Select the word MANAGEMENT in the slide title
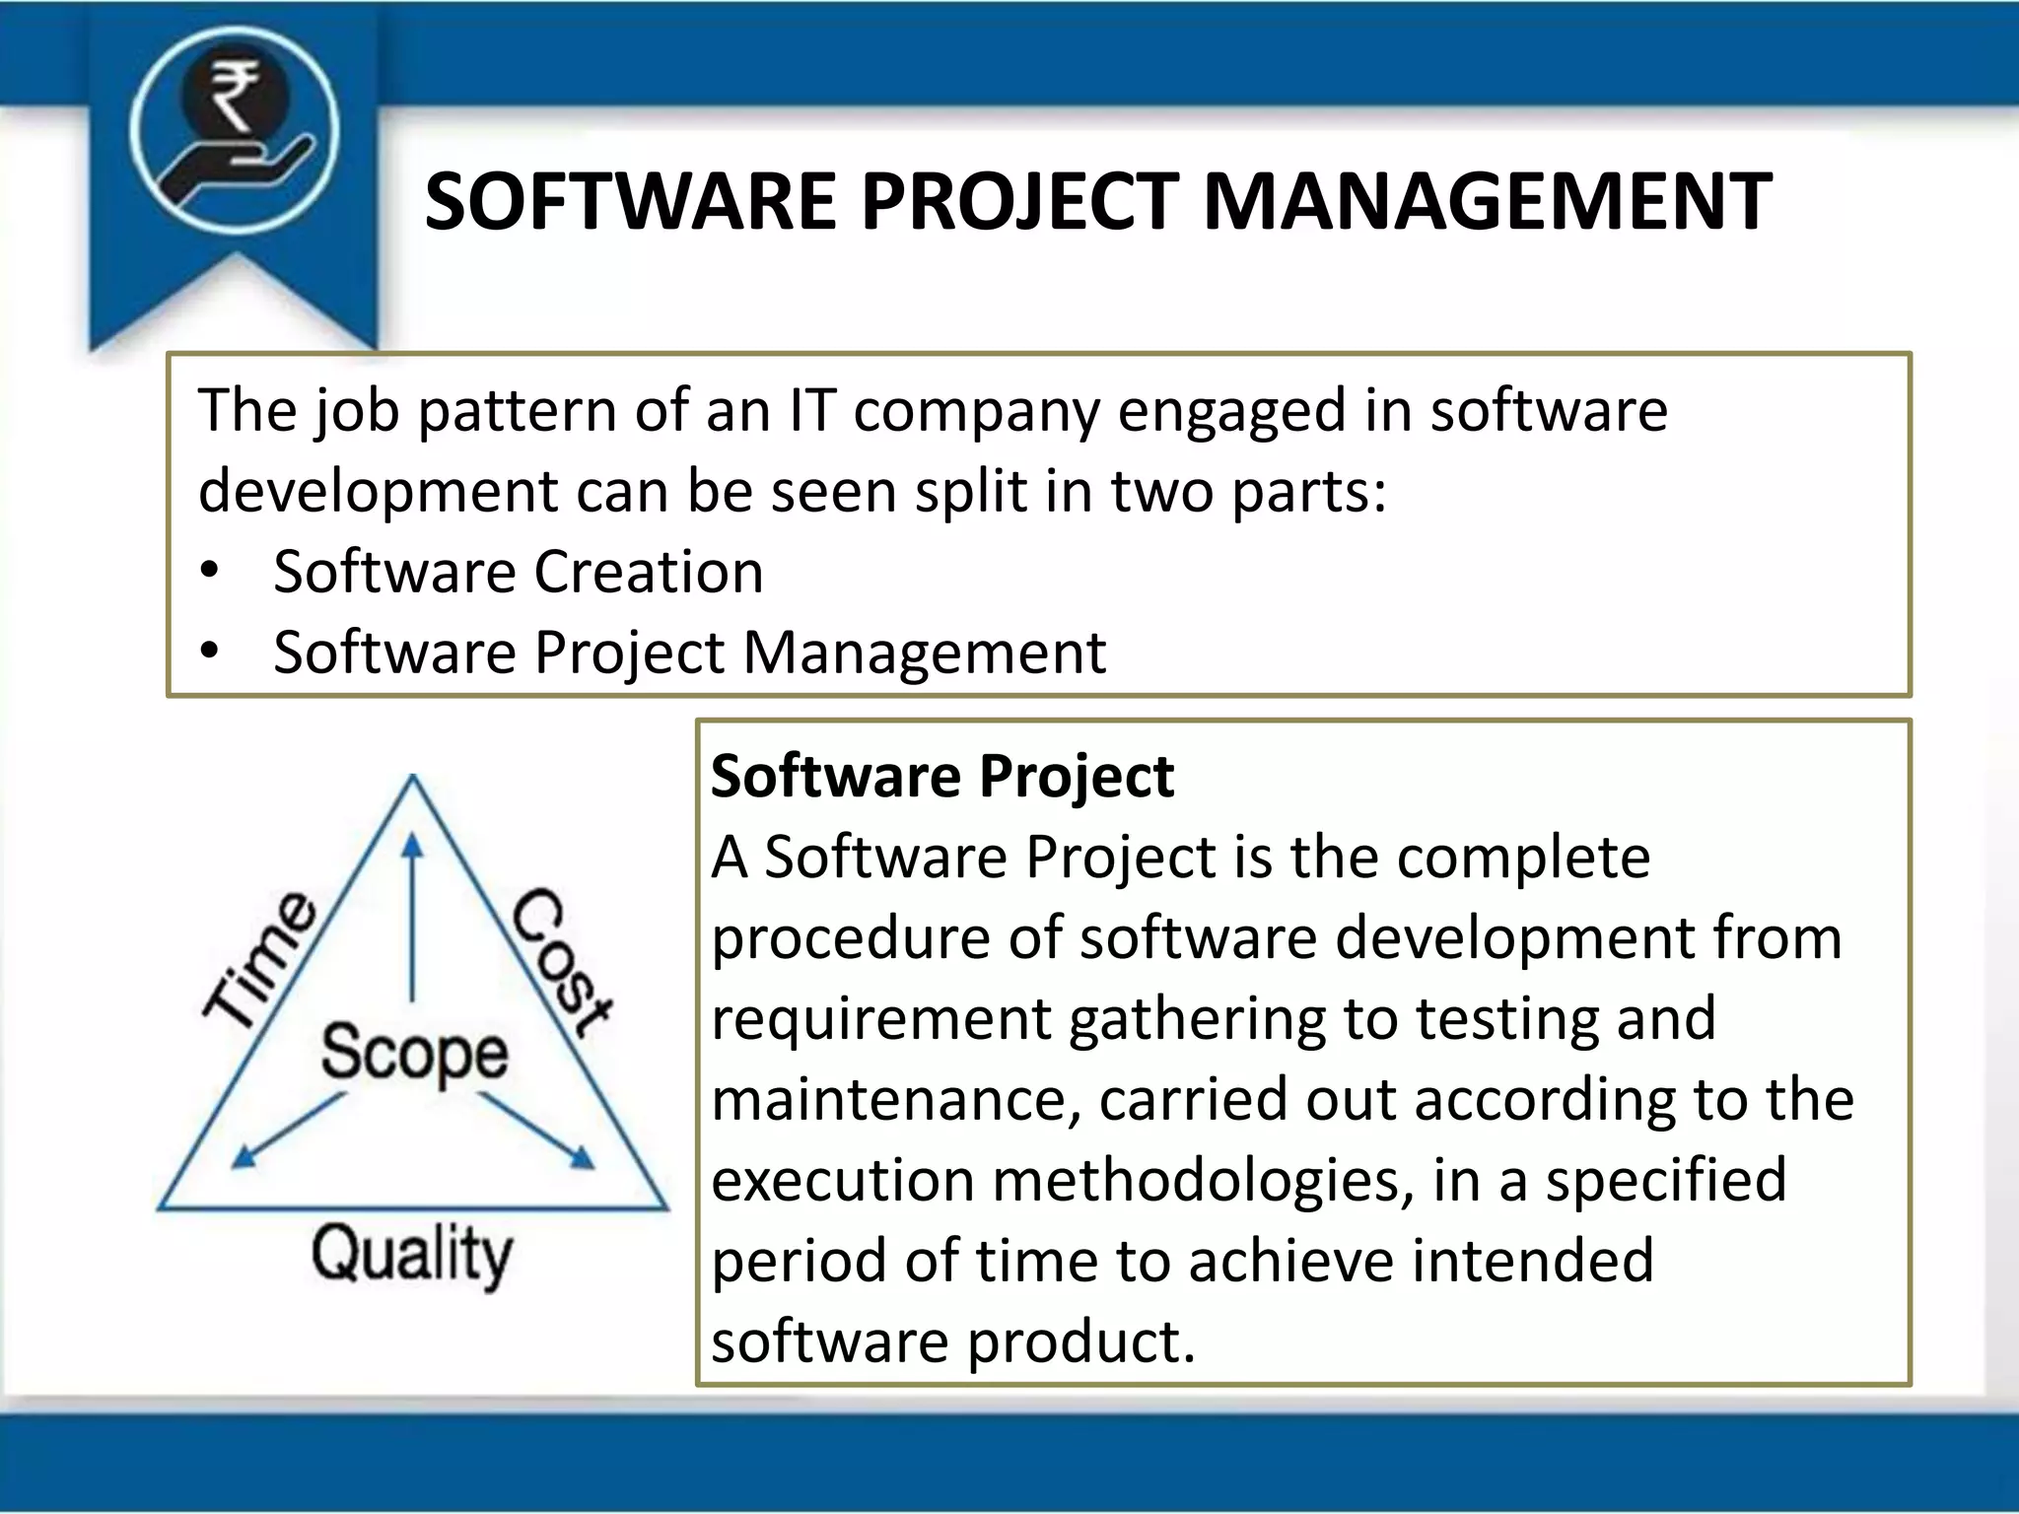(1488, 202)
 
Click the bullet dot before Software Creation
(208, 573)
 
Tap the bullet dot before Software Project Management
(208, 653)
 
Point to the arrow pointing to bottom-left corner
(286, 1134)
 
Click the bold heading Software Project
(941, 776)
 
